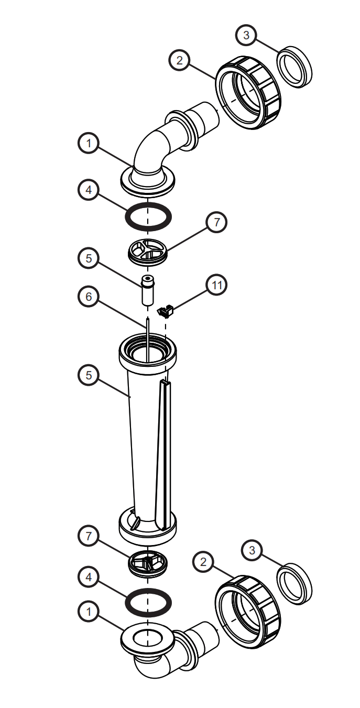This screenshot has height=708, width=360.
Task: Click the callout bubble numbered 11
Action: click(217, 285)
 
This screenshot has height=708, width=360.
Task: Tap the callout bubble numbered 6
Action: click(89, 297)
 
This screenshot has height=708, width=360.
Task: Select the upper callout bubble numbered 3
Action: click(247, 36)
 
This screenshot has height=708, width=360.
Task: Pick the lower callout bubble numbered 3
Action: click(253, 551)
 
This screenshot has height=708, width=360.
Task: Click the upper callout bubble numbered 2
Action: click(180, 60)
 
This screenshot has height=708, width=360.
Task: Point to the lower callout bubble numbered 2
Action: click(204, 562)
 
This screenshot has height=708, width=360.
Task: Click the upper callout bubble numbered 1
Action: click(89, 143)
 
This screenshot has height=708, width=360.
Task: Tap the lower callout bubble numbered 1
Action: click(89, 611)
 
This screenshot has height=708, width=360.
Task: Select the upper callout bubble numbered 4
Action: click(89, 190)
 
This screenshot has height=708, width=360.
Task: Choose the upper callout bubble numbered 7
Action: click(217, 222)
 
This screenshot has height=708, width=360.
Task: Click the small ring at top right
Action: click(294, 67)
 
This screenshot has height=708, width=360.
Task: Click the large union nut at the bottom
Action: click(248, 612)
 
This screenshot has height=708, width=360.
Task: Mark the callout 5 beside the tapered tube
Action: click(89, 376)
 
